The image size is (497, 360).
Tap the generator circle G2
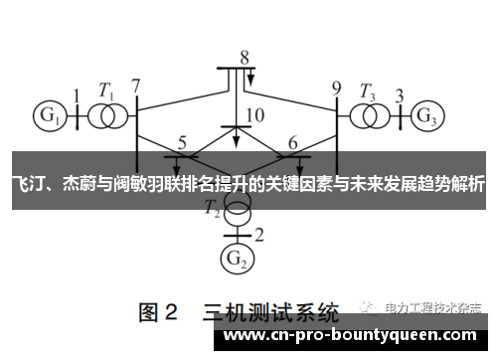(x=236, y=261)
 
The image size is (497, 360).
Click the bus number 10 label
(x=254, y=115)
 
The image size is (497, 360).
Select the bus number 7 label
(x=136, y=86)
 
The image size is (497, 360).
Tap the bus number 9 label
(x=336, y=86)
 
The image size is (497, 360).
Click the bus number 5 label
(x=182, y=142)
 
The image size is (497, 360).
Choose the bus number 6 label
(x=292, y=142)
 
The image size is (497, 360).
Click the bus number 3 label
(x=400, y=95)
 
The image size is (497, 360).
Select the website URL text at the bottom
(x=352, y=337)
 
